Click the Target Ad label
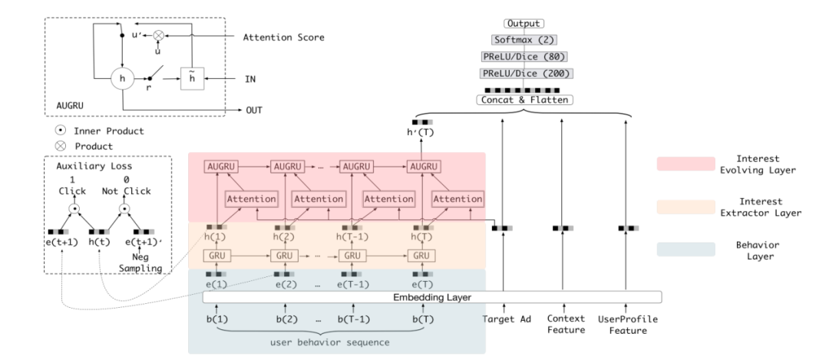pyautogui.click(x=504, y=318)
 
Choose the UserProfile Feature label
pyautogui.click(x=626, y=324)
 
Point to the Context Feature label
pyautogui.click(x=566, y=324)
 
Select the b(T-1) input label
pyautogui.click(x=352, y=318)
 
